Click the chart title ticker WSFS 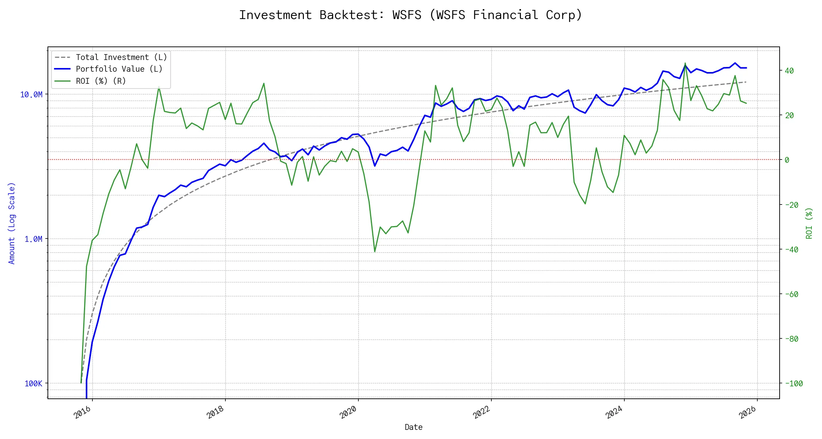tap(407, 15)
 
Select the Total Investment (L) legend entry tap(121, 57)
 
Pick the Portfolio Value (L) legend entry tap(119, 69)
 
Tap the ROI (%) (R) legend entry tap(101, 81)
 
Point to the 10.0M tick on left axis tap(31, 95)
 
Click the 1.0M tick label tap(33, 239)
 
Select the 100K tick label tap(33, 383)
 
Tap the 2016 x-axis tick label tap(83, 413)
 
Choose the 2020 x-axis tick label tap(349, 413)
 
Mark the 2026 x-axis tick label tap(747, 413)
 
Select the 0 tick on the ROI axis tap(787, 160)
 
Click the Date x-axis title tap(414, 427)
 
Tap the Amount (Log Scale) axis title tap(12, 223)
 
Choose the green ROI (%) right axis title tap(809, 223)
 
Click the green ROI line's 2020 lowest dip tap(375, 251)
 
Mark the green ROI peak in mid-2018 tap(264, 83)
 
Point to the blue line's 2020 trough tap(375, 166)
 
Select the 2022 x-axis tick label tap(482, 413)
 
